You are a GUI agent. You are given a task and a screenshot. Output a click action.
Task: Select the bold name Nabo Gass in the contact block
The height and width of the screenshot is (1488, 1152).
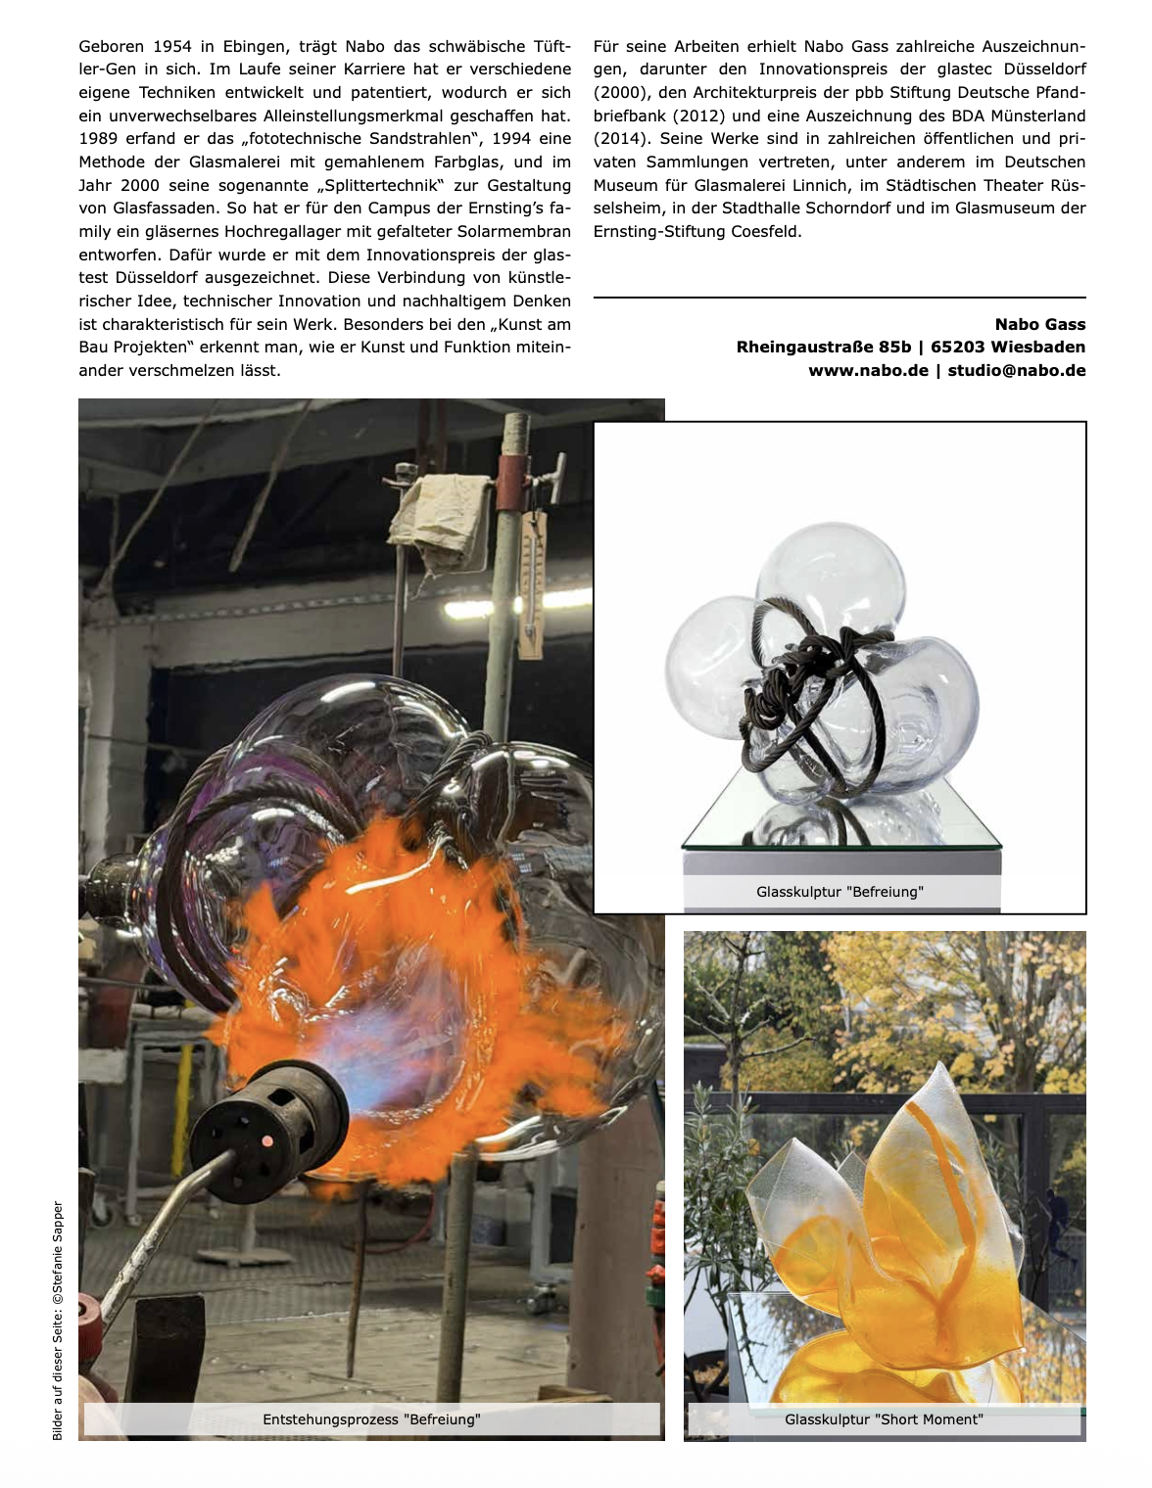1039,324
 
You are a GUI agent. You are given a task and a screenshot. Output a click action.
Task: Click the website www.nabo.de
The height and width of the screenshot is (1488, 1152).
868,370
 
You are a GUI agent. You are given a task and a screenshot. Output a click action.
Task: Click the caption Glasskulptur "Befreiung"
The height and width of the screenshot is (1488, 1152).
840,892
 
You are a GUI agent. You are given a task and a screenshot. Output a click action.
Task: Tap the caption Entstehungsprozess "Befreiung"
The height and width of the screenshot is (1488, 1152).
371,1419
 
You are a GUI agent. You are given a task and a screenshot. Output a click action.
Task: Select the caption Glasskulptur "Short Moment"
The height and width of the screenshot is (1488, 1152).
884,1419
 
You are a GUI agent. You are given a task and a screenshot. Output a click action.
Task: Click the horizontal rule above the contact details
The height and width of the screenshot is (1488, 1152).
840,297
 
